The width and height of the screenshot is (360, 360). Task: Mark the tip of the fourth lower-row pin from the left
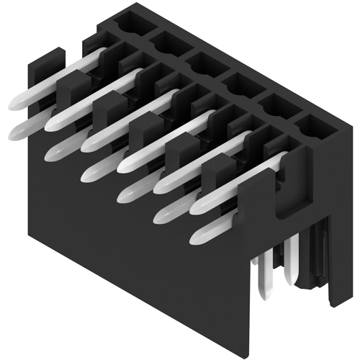point(126,192)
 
